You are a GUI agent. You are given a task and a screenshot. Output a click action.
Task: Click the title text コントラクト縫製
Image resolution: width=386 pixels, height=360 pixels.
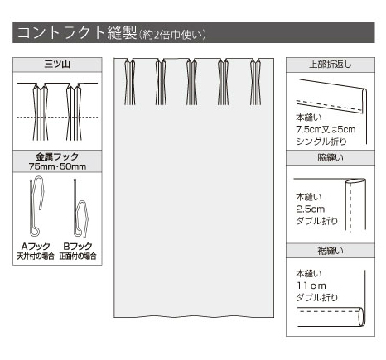pos(77,32)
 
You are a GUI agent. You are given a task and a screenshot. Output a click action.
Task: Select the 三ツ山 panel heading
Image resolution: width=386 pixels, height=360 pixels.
pos(57,65)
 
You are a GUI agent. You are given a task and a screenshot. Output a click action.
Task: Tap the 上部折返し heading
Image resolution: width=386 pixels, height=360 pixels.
pos(331,65)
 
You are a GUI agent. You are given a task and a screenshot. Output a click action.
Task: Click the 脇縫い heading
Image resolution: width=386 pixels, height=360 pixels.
pos(331,157)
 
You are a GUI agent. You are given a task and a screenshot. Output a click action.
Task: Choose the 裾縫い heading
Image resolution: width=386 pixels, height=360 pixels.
pos(331,251)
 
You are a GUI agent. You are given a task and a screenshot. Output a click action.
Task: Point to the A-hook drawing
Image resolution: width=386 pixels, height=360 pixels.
pos(36,207)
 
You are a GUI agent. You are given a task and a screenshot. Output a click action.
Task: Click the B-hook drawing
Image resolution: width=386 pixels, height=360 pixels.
pos(80,209)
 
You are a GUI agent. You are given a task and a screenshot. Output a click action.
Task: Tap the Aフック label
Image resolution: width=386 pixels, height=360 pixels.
pos(36,246)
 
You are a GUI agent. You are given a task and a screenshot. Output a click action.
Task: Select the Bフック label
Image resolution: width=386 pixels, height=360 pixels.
pos(78,246)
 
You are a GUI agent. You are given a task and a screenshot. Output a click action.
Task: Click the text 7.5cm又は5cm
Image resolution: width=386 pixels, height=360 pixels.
pos(326,129)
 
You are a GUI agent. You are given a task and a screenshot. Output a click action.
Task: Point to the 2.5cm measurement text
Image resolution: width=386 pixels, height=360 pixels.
pos(310,209)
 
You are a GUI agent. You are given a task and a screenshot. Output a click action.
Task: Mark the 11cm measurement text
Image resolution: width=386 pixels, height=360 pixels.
pos(311,286)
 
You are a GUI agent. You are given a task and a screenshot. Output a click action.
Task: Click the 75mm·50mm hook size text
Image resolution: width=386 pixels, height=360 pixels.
pos(57,166)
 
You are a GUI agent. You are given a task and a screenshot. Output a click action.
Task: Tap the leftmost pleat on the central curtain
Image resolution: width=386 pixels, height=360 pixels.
pos(129,82)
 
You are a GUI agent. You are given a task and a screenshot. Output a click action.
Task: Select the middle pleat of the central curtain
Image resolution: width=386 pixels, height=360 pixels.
pos(191,82)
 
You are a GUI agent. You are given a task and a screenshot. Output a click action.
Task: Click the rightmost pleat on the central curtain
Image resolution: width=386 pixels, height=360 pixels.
pos(255,82)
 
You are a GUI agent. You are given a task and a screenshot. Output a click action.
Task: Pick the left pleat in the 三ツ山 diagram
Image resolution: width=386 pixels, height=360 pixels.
pos(41,112)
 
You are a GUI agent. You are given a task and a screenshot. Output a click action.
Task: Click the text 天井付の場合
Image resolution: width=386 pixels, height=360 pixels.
pos(36,257)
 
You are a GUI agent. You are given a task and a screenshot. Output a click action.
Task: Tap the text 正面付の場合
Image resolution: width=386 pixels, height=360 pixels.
pos(78,257)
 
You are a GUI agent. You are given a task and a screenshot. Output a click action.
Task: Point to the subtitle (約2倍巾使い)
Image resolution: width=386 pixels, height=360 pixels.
pos(172,35)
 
